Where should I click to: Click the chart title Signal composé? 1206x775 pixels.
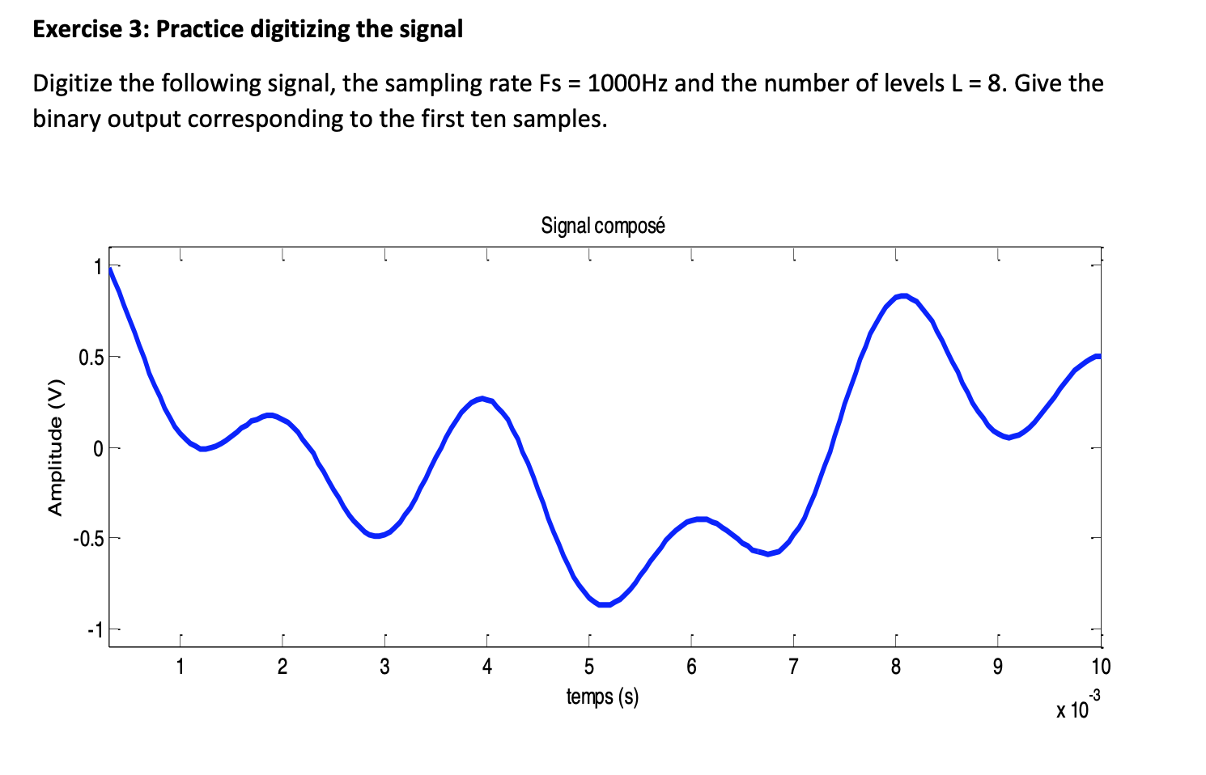603,226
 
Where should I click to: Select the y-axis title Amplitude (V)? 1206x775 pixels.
55,447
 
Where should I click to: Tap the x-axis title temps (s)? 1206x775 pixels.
602,696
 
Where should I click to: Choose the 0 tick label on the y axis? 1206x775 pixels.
98,448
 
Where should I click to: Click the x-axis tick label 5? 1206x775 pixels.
589,667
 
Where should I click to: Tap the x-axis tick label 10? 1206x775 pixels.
1101,667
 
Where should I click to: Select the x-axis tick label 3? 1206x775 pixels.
384,667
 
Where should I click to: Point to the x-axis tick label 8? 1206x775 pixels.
896,667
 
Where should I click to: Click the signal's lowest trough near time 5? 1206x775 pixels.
604,603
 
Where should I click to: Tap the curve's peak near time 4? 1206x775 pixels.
482,398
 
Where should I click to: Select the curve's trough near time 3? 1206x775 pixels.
377,535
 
